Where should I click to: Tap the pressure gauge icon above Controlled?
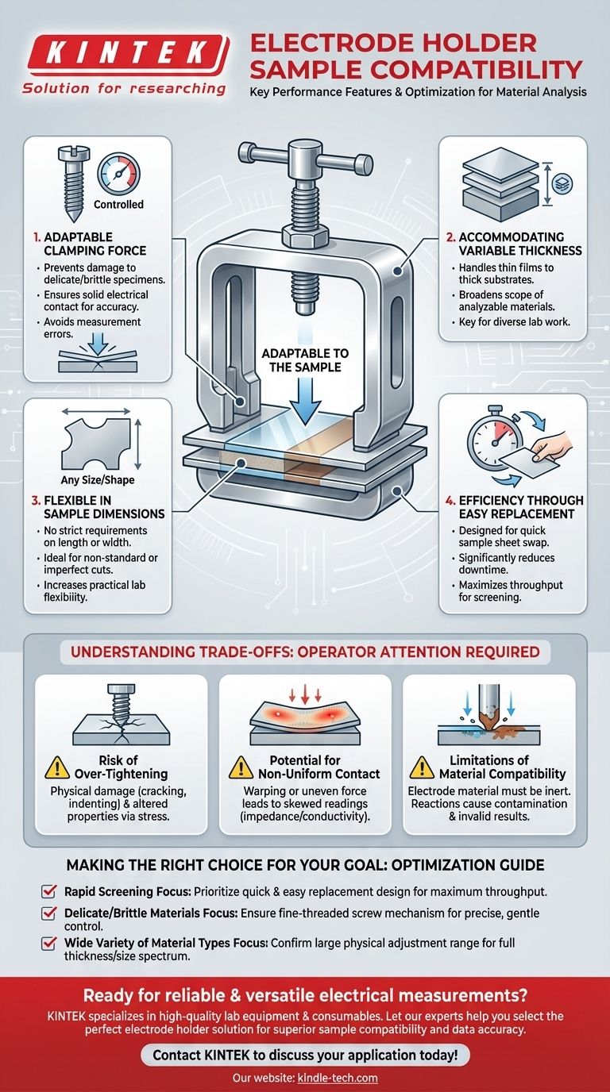click(118, 173)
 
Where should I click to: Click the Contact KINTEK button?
click(305, 1055)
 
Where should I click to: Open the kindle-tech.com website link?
click(338, 1078)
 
